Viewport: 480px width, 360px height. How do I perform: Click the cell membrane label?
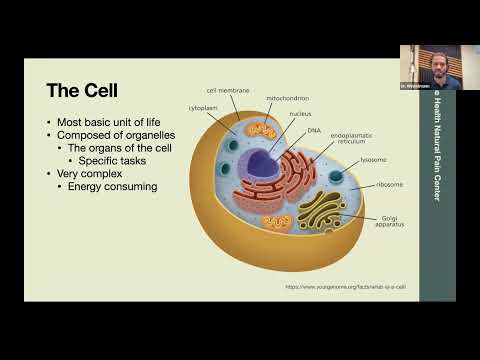pyautogui.click(x=228, y=91)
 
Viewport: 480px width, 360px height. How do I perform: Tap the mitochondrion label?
pyautogui.click(x=288, y=98)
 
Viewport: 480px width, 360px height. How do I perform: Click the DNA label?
pyautogui.click(x=315, y=129)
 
